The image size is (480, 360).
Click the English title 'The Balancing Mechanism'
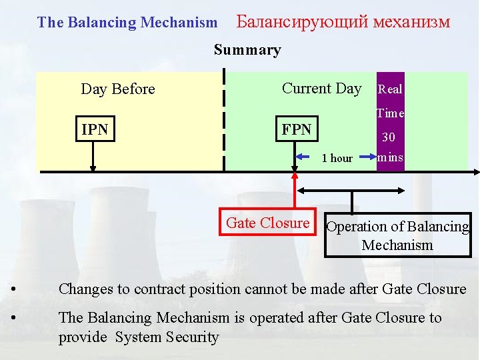pos(127,23)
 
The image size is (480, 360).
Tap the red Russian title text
pos(343,22)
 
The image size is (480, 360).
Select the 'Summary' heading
pos(247,50)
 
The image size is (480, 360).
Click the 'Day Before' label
pos(117,89)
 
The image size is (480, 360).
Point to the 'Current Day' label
pos(321,89)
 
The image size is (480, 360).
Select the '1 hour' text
pos(337,159)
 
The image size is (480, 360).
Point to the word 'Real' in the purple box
pos(390,89)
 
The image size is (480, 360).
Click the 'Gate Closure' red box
pos(267,223)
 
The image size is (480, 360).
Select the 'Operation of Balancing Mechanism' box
pos(397,235)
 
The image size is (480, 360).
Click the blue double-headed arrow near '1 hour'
pos(335,159)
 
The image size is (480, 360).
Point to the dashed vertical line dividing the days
pos(224,120)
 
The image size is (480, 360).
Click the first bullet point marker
pos(15,289)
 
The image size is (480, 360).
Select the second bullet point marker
pos(15,318)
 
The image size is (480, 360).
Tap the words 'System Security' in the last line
pos(167,338)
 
